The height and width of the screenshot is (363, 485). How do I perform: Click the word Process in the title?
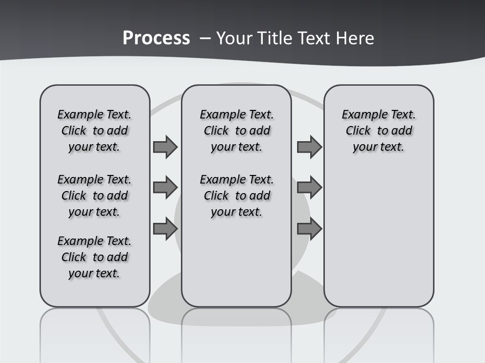[x=156, y=38]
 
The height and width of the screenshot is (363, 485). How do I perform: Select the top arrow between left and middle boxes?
[x=165, y=147]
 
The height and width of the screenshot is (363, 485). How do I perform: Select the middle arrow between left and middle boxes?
[x=165, y=188]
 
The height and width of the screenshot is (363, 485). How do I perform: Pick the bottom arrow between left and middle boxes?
[x=165, y=229]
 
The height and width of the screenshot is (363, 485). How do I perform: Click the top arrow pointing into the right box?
[x=309, y=147]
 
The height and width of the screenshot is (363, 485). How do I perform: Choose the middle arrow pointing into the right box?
[x=309, y=188]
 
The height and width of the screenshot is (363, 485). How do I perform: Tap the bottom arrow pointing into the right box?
[x=309, y=228]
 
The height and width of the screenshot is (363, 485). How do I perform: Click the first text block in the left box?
[x=94, y=131]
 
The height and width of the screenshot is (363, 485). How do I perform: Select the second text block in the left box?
[x=94, y=196]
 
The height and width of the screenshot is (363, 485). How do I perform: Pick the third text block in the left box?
[x=94, y=257]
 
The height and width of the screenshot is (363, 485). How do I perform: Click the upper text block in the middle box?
[x=236, y=131]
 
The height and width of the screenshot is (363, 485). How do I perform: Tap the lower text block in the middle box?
[x=236, y=196]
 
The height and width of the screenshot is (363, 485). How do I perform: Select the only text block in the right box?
[x=378, y=131]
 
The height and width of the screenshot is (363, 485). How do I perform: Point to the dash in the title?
[x=205, y=39]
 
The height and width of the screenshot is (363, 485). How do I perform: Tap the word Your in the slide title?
[x=235, y=38]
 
